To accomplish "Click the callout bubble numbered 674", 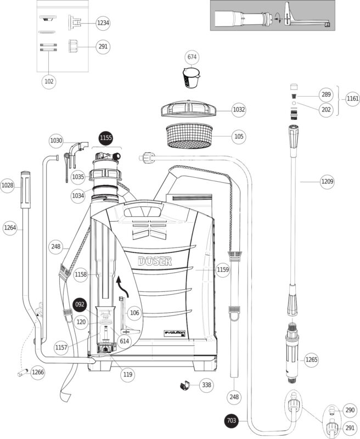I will [192, 57].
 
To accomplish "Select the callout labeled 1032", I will [239, 110].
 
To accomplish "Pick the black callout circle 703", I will [232, 421].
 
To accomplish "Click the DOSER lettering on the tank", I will [155, 261].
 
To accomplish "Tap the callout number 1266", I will [38, 372].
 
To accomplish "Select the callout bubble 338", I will [206, 385].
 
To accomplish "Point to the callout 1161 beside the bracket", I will [352, 99].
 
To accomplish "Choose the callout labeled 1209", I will [327, 181].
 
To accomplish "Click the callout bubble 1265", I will [311, 360].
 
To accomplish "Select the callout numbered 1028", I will [7, 185].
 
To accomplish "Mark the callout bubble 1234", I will [103, 23].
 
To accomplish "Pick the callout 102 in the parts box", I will [49, 81].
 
